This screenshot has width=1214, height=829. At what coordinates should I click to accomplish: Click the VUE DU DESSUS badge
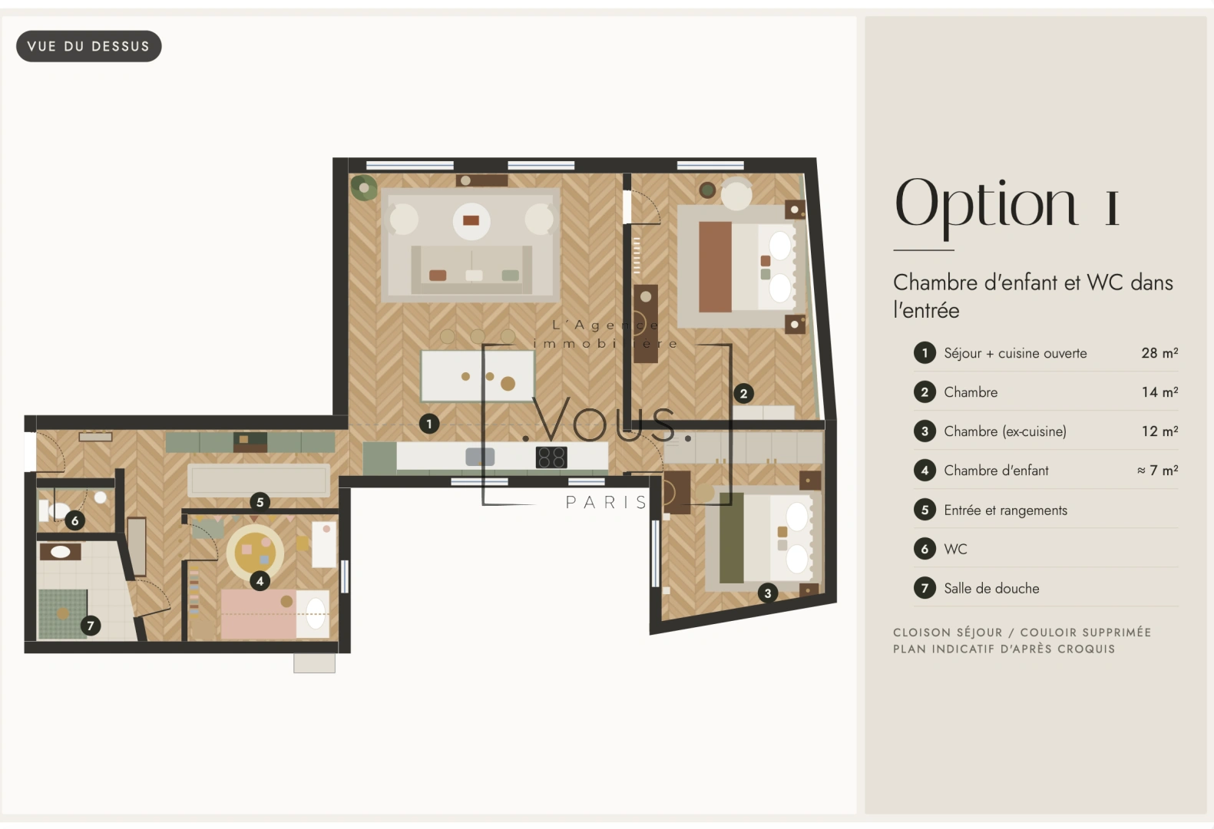pos(89,46)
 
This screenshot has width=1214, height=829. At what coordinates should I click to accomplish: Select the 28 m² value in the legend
pos(1159,353)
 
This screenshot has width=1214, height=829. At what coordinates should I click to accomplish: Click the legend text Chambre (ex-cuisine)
pos(1005,431)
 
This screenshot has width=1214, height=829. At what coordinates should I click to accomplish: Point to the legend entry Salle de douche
pos(991,589)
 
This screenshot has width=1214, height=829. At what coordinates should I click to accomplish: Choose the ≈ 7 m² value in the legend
pos(1157,471)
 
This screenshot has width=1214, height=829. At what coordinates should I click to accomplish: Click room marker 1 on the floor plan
pos(429,424)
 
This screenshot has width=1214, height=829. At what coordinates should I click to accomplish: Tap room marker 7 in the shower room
pos(91,626)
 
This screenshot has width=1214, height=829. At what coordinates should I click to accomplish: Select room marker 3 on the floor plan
pos(767,593)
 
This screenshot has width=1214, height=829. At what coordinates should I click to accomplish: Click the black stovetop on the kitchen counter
pos(551,457)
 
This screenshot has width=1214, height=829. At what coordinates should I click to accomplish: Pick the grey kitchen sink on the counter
pos(480,457)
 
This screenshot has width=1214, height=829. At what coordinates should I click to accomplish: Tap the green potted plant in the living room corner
pos(364,187)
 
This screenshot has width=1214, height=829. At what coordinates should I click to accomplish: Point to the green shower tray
pos(63,614)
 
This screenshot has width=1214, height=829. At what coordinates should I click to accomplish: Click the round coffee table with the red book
pos(471,221)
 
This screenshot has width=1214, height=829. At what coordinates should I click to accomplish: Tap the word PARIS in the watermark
pos(606,502)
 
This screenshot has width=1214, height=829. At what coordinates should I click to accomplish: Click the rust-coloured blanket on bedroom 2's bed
pos(716,266)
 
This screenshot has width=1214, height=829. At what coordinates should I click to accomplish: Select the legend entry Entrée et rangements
pos(1005,510)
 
